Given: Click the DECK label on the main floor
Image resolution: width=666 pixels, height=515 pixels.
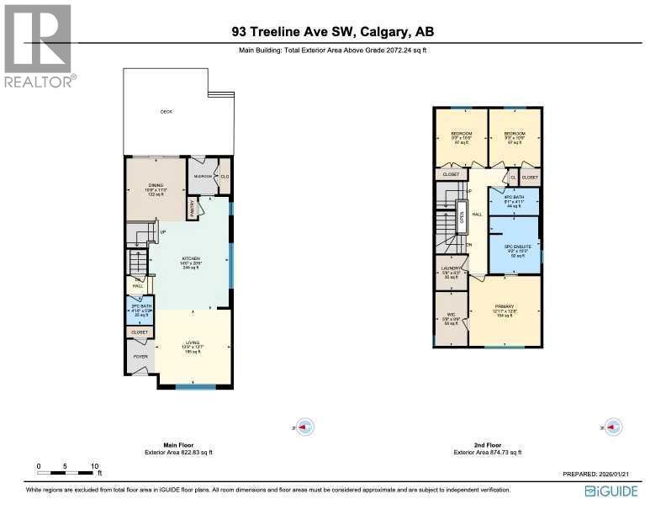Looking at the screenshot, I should [166, 111].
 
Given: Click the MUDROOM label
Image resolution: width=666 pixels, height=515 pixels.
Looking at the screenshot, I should [203, 176].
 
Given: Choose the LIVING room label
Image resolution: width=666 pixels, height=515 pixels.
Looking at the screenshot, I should [193, 342].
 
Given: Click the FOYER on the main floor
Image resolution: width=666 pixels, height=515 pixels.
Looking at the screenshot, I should [140, 357].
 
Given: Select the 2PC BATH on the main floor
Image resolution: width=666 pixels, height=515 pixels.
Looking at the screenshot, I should [139, 309].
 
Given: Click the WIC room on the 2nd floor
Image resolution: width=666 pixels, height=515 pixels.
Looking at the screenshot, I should [451, 318].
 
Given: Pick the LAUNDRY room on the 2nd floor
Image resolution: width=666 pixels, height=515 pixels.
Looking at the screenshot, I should [451, 270].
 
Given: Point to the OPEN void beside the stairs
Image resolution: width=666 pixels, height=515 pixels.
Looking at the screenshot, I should [462, 218].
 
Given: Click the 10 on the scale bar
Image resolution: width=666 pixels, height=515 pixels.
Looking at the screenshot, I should [95, 465].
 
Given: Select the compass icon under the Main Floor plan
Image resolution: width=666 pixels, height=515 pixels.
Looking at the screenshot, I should [306, 427].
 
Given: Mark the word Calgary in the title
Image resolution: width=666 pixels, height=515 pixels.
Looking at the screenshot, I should [383, 33].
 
